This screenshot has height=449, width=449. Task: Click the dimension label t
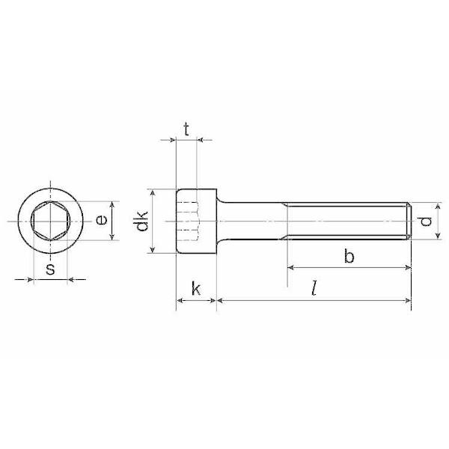point(186,129)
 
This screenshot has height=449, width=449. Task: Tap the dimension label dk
point(141,221)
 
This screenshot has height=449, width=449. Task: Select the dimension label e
point(101,220)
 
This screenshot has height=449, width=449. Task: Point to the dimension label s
point(50,269)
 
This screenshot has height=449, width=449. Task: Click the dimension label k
point(196,288)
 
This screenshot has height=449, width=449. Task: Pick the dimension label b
point(349,256)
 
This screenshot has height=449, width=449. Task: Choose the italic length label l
point(315,288)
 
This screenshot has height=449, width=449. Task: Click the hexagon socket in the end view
point(50,221)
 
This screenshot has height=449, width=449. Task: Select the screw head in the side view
point(196,221)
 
